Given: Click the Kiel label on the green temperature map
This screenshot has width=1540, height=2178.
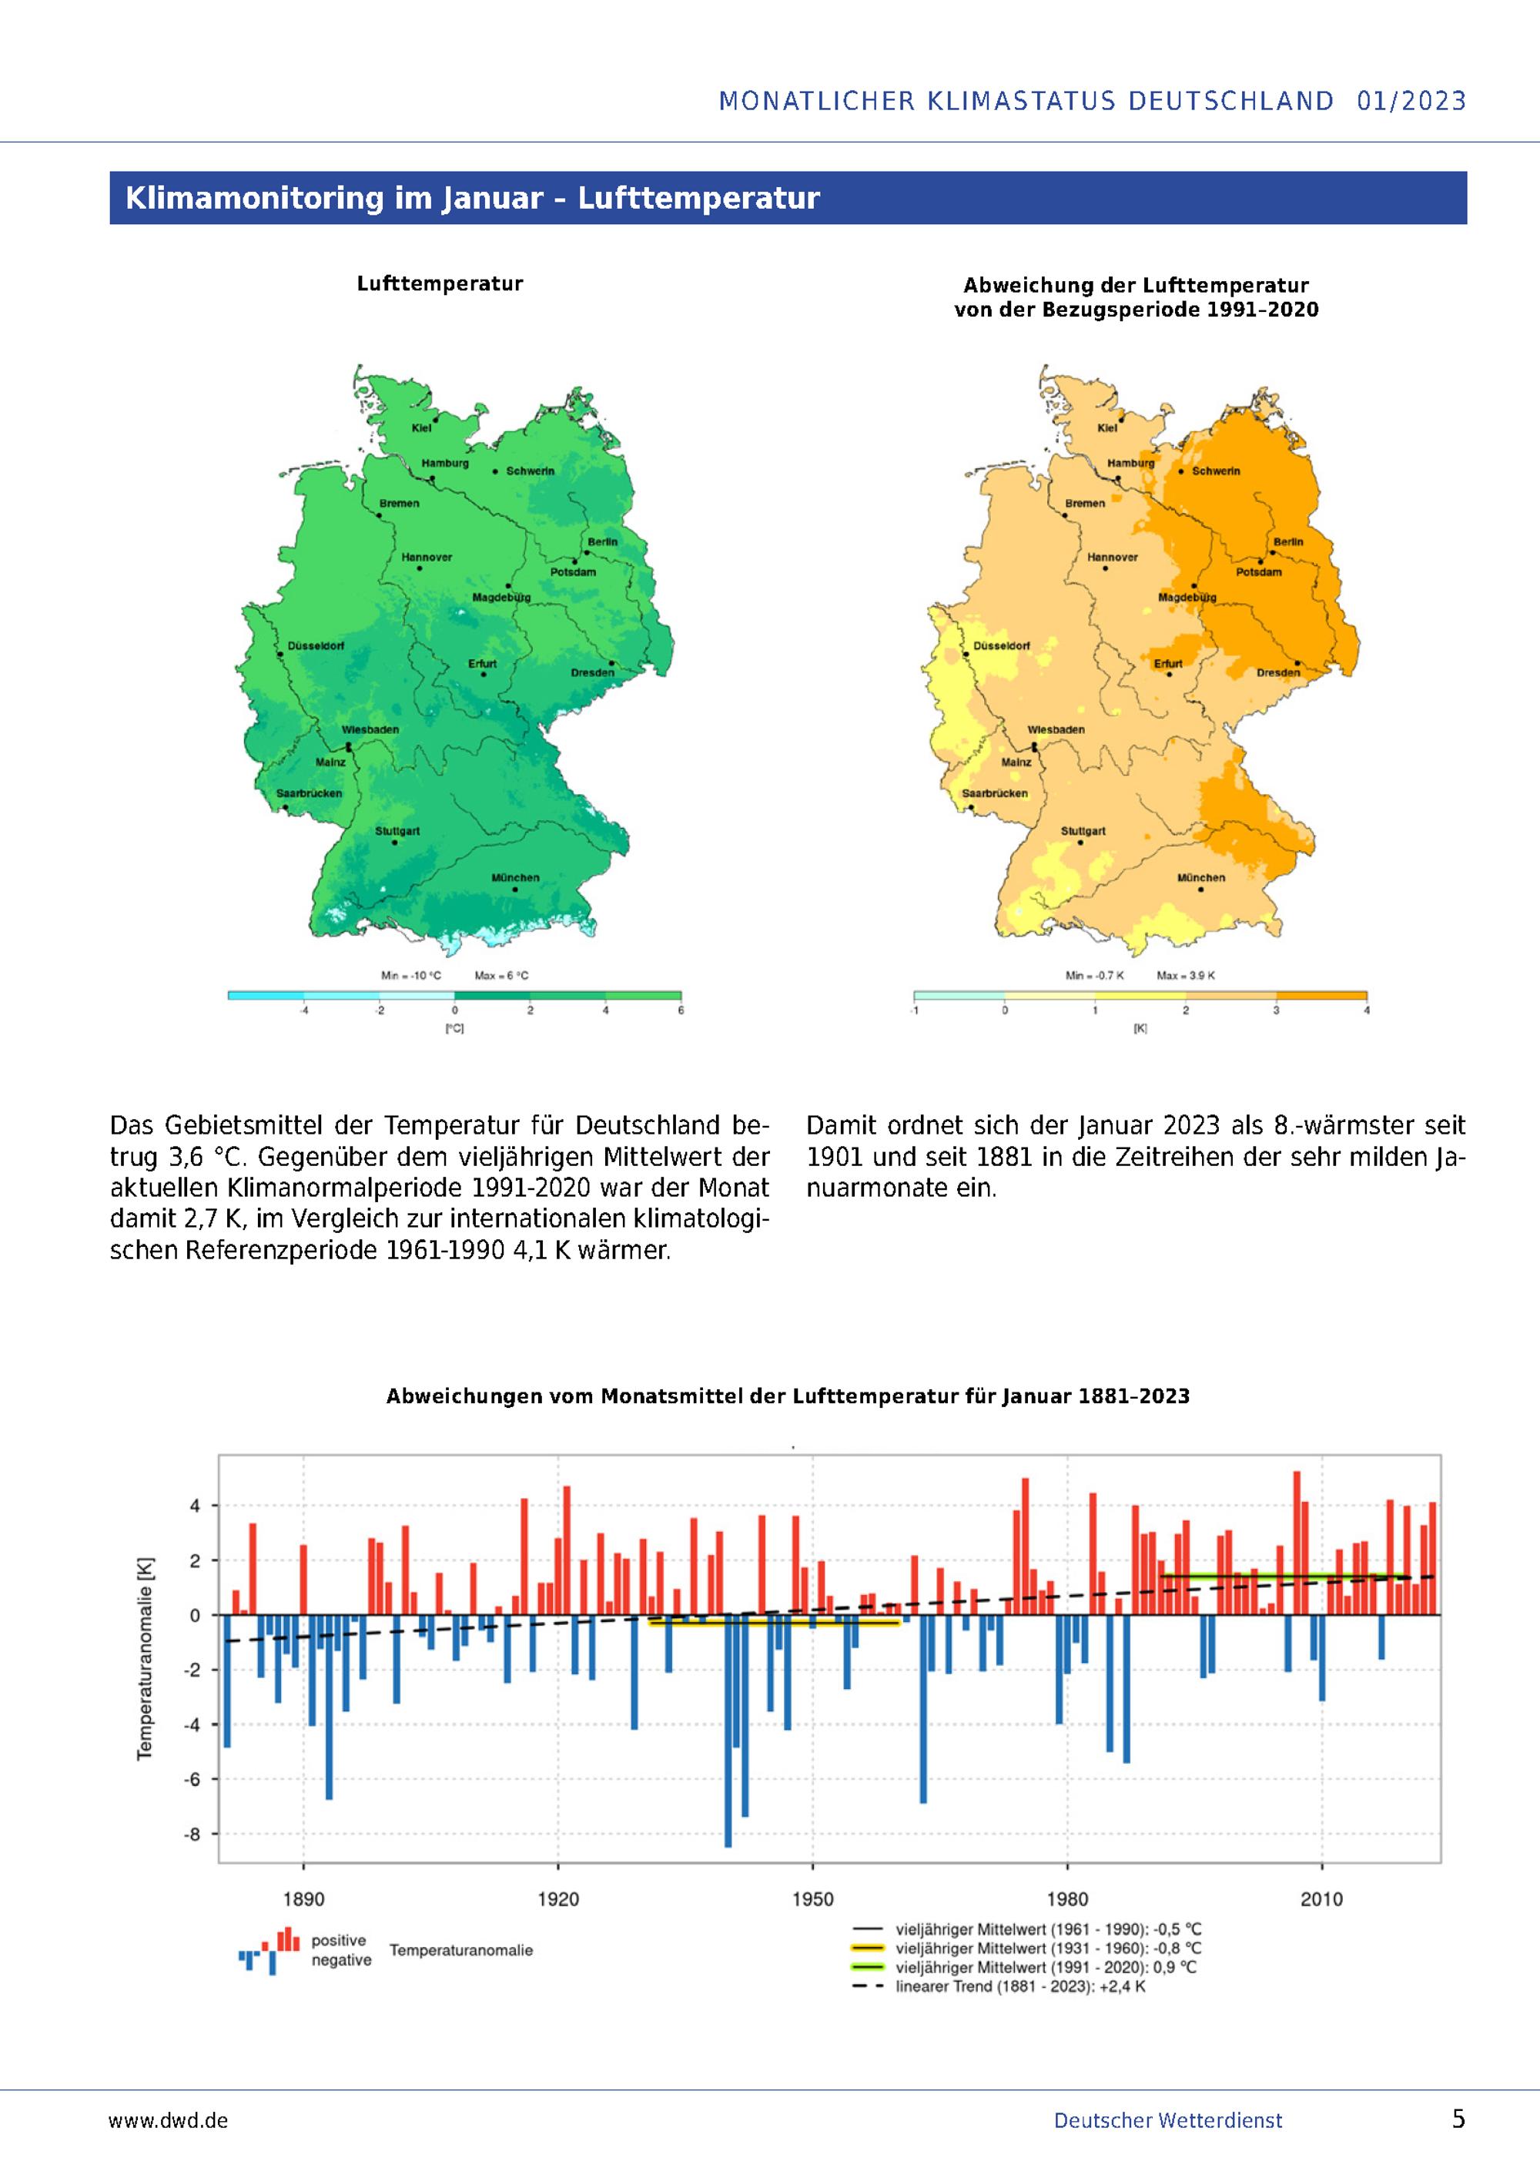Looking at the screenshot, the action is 421,428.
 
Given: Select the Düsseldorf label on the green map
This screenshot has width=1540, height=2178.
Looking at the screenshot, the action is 316,646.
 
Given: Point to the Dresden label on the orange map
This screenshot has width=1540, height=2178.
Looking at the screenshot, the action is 1278,672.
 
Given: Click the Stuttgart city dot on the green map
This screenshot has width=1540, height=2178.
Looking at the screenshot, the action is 394,843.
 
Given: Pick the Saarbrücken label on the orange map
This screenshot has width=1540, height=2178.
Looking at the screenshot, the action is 996,793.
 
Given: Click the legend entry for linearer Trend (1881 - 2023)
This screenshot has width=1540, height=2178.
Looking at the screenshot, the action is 999,1986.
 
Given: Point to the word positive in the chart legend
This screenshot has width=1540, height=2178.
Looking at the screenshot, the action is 339,1941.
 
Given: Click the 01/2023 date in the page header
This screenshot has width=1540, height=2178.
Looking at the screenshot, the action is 1412,101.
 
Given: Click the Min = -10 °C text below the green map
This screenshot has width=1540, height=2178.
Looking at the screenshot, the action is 410,975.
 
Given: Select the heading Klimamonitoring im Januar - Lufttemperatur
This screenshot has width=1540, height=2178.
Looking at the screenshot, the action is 472,197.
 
